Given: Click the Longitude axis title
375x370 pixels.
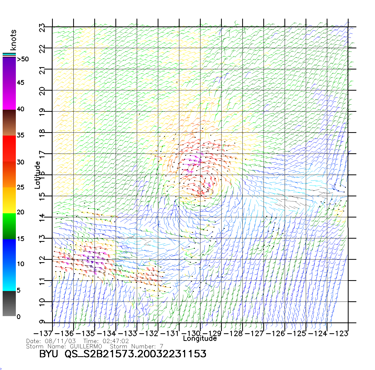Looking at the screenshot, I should (x=200, y=339).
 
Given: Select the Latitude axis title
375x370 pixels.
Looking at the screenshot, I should (x=37, y=175).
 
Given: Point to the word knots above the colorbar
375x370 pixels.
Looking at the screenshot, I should (x=13, y=40).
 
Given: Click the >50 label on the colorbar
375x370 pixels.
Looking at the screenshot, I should (x=23, y=59).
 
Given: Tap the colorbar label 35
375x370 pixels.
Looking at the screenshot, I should (x=21, y=135).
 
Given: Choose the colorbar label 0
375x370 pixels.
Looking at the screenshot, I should (x=18, y=317).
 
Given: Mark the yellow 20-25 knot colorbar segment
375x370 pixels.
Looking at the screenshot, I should (x=9, y=200).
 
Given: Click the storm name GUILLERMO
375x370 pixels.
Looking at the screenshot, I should (x=86, y=346).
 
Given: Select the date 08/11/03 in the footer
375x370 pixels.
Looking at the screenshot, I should (x=61, y=341).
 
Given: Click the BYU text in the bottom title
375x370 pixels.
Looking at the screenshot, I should (x=48, y=354).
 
